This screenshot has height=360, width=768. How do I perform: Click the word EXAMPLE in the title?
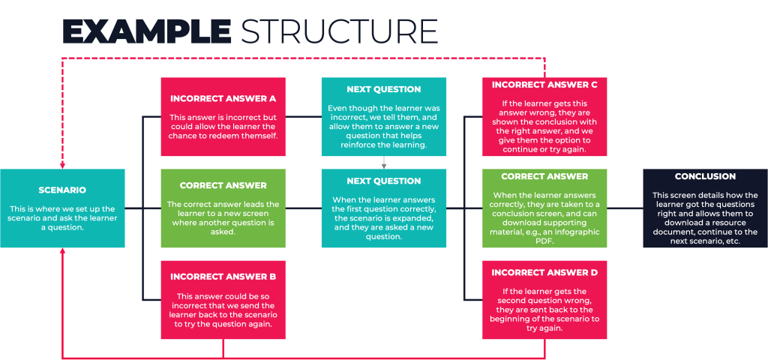point(146,31)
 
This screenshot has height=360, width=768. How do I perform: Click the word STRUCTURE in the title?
point(338,31)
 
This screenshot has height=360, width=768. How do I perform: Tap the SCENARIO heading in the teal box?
point(62,190)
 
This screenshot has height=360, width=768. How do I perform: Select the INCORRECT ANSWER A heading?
point(223,98)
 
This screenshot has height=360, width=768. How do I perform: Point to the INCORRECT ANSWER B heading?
point(223,277)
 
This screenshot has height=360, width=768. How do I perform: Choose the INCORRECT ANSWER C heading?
point(544,85)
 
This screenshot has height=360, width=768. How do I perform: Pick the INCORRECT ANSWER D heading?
point(544,272)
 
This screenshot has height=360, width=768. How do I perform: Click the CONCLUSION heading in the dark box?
point(705,176)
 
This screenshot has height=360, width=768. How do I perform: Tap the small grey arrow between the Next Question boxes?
point(383,162)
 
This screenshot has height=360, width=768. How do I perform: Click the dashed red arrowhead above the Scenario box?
point(62,164)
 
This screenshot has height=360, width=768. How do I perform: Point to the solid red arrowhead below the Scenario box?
point(62,252)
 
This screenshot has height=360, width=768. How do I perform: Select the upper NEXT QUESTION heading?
point(383,90)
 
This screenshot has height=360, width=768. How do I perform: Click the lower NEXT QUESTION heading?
point(383,181)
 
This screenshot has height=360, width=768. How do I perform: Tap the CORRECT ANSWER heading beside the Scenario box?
point(223,186)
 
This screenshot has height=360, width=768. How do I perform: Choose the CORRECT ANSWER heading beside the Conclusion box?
point(544,176)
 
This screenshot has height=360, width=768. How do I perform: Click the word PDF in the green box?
point(544,241)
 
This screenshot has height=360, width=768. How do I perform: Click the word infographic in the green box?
point(577,232)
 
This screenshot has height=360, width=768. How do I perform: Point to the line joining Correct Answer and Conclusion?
point(625,208)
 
